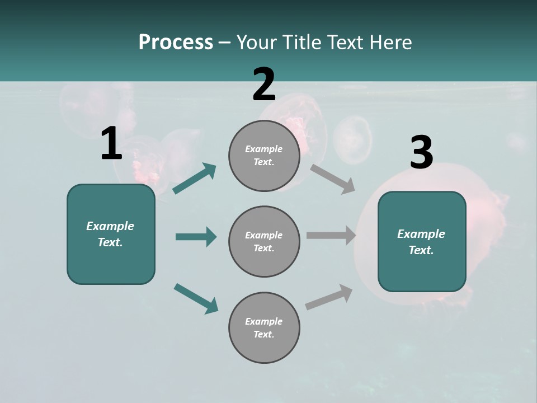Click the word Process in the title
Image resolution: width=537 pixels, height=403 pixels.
tap(176, 43)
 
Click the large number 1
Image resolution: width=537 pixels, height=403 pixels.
tap(111, 144)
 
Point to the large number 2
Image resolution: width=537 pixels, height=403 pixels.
tap(263, 85)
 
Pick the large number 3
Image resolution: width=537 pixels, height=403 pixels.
tap(421, 153)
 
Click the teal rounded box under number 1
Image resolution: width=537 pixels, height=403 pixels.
tap(111, 234)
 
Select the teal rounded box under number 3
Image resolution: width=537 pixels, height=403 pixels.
tap(422, 242)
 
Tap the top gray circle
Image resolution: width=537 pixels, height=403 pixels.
tap(264, 156)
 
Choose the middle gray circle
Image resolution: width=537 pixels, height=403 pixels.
tap(264, 242)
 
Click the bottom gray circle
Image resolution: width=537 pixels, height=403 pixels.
tap(264, 327)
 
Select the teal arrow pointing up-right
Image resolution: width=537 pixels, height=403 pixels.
tap(195, 179)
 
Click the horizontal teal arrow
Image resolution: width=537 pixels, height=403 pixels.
tap(196, 237)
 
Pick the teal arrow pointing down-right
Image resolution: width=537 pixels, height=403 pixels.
tap(196, 298)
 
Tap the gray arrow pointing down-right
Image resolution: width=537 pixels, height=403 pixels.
tap(333, 177)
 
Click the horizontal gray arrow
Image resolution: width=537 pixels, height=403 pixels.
tap(331, 236)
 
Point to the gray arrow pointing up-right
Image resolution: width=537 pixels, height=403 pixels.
tap(329, 297)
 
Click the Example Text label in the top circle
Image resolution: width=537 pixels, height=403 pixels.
tap(264, 156)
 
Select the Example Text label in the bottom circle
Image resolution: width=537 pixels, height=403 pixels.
tap(264, 327)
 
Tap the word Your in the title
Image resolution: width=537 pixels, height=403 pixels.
tap(257, 43)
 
